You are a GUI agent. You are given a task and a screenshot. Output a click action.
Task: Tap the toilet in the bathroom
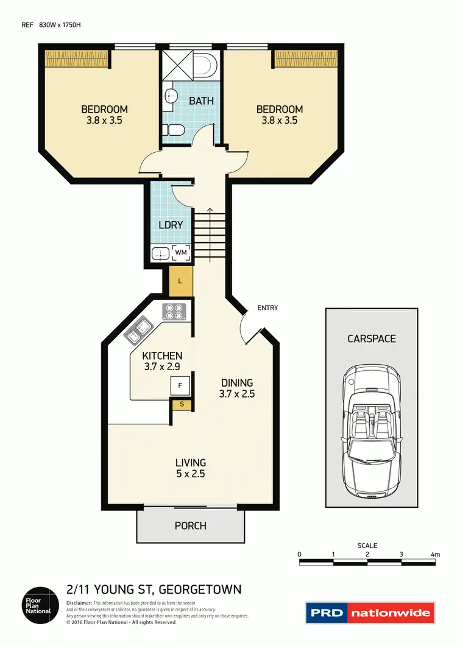click(172, 130)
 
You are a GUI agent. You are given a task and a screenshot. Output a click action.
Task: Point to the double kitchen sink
click(138, 331)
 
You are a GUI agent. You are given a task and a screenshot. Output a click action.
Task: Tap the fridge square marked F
click(180, 385)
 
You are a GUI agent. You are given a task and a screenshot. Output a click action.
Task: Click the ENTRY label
click(267, 308)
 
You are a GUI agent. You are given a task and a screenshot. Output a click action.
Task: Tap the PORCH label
click(190, 525)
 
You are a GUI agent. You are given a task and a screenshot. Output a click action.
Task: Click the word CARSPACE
click(371, 339)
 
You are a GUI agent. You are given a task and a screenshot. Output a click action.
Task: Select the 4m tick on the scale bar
click(435, 554)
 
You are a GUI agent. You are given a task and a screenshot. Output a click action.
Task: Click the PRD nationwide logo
click(370, 613)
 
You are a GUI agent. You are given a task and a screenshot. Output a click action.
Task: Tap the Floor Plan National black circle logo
click(40, 604)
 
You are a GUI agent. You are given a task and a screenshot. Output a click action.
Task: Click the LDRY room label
click(171, 225)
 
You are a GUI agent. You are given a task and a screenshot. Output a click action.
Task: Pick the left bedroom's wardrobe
click(77, 58)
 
